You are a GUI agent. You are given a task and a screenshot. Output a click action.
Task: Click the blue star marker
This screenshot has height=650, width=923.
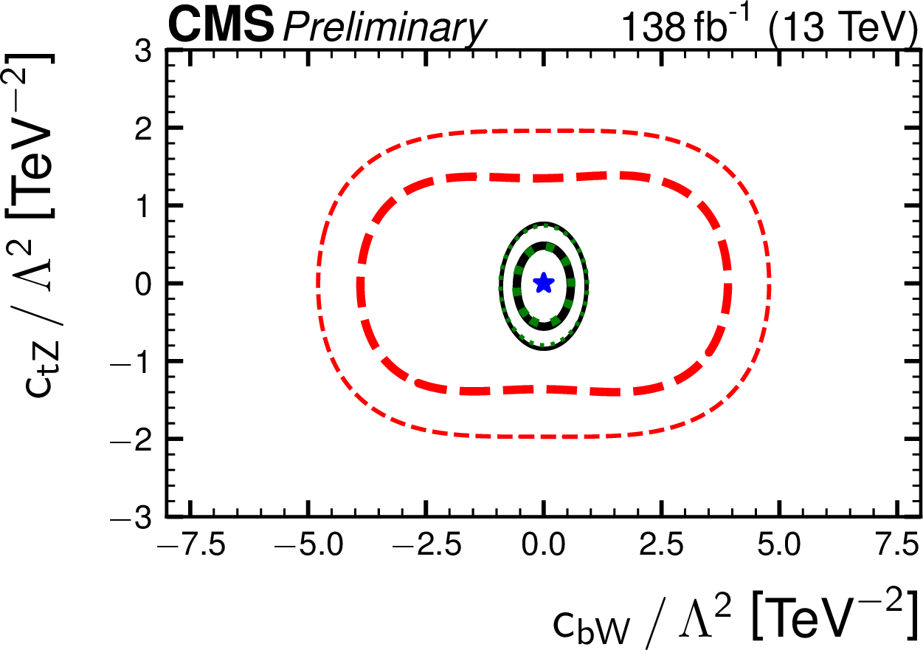point(544,282)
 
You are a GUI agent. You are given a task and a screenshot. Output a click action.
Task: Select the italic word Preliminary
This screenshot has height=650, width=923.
point(384,30)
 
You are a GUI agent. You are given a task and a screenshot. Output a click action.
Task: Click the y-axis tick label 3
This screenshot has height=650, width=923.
point(146,50)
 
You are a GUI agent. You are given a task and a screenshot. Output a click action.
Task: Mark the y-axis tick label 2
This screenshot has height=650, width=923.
point(146,128)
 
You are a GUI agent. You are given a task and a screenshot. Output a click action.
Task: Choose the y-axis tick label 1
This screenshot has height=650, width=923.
point(146,205)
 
